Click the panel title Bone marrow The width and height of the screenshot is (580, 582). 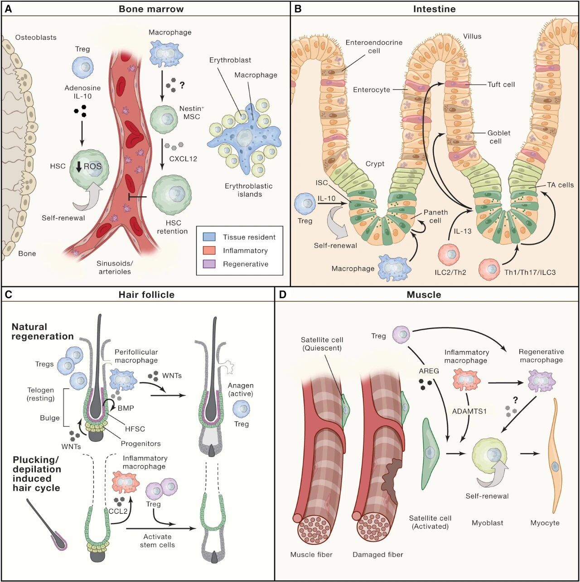(151, 9)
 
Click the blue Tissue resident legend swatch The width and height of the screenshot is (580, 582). (209, 237)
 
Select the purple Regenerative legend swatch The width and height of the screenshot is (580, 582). (209, 264)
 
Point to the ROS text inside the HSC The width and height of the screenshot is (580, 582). (92, 167)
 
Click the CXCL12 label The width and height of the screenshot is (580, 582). (183, 159)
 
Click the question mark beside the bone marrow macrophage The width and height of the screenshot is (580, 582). (182, 85)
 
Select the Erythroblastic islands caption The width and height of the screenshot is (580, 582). (249, 190)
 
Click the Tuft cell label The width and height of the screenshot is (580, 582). (501, 84)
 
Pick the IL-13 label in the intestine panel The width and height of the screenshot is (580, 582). (463, 231)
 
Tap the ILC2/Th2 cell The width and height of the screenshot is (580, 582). (451, 254)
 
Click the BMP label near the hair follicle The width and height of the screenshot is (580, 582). (126, 408)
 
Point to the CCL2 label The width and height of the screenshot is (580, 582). (117, 512)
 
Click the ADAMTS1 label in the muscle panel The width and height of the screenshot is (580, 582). (469, 411)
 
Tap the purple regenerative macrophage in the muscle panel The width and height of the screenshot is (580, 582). (541, 381)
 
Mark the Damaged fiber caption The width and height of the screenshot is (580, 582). (377, 554)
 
